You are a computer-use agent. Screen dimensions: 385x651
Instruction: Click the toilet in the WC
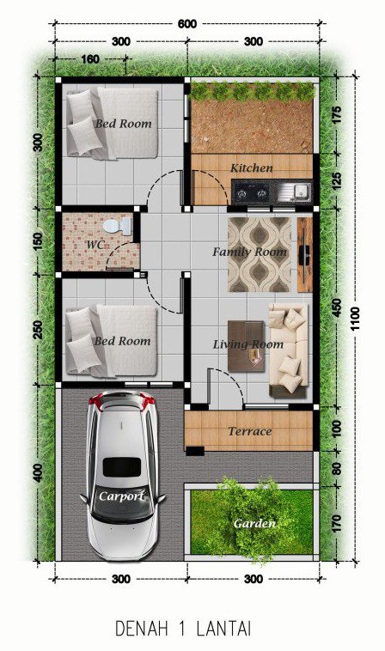tap(117, 226)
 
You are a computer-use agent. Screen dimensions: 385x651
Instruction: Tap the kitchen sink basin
tap(302, 192)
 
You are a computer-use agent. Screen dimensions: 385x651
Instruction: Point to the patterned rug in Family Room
tap(260, 254)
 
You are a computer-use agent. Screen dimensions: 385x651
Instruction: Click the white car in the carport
tap(122, 476)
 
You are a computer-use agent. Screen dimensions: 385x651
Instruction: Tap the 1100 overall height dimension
tap(356, 319)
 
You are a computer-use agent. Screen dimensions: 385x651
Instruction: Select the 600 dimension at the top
tap(187, 24)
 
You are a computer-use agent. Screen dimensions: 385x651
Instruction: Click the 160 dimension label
tap(90, 59)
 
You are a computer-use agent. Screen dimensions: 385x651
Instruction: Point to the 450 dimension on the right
tap(336, 307)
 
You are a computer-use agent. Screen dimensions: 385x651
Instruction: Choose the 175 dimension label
tap(336, 115)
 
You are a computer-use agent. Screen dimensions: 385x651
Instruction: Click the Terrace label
tap(250, 432)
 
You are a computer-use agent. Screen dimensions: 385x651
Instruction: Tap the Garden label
tap(254, 524)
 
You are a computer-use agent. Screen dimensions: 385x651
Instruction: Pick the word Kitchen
tap(252, 168)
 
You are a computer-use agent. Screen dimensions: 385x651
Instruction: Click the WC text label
tap(95, 244)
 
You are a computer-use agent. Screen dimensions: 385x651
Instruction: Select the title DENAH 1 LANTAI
tap(183, 629)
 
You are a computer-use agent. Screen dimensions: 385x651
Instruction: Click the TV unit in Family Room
tap(305, 254)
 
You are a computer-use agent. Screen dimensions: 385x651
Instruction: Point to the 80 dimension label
tap(337, 468)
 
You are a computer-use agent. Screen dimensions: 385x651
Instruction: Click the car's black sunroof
tap(122, 467)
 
